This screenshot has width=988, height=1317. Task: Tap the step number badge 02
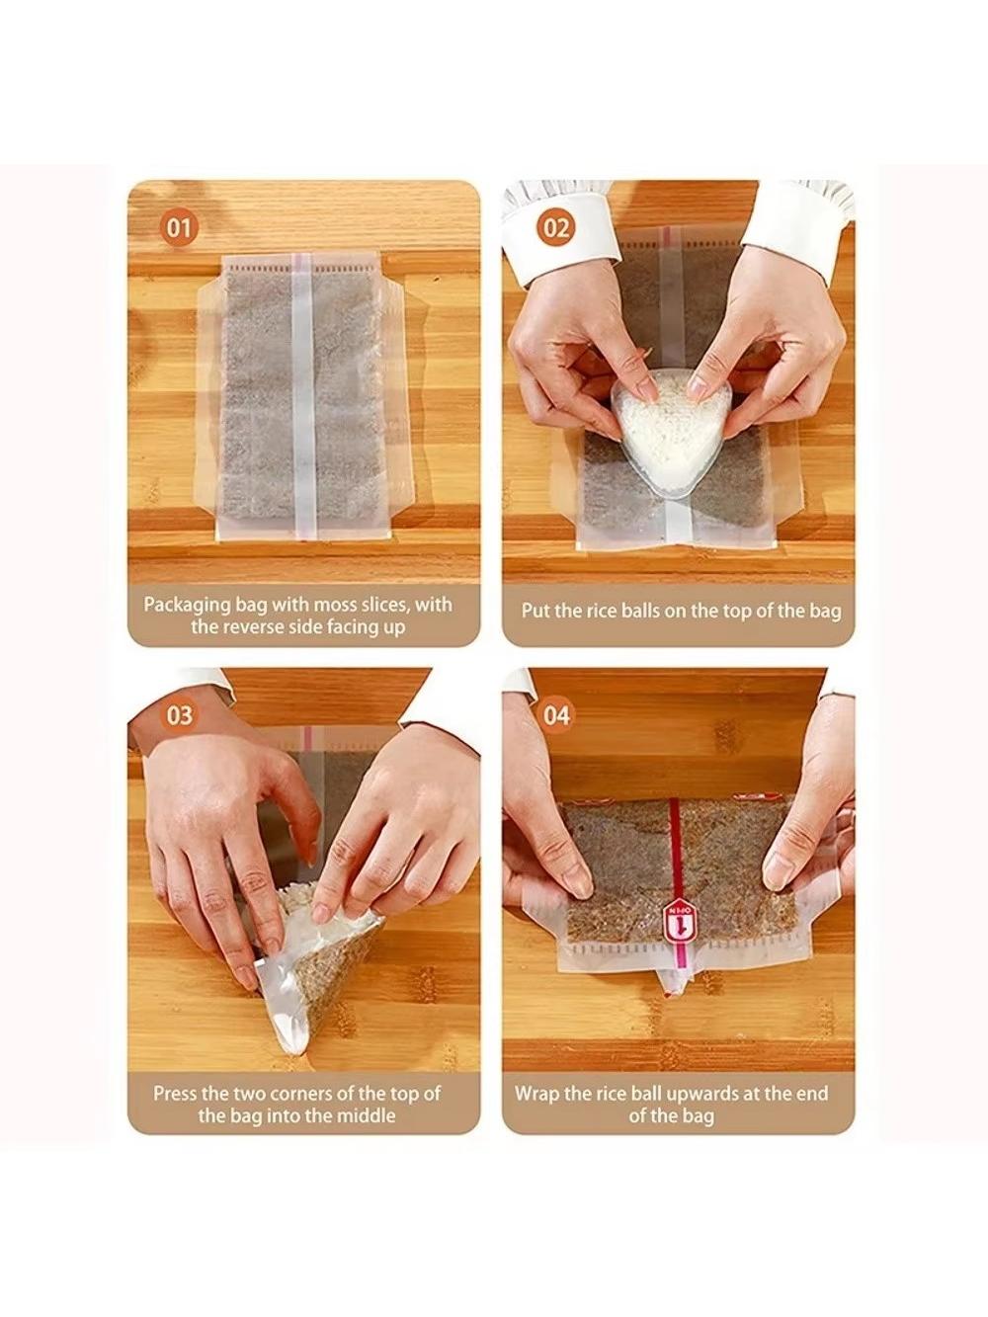click(556, 228)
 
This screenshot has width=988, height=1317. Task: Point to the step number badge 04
click(556, 715)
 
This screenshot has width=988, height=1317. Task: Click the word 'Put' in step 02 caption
click(533, 612)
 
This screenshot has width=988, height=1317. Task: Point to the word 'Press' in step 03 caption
click(175, 1093)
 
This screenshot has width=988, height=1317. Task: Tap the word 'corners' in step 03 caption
click(301, 1093)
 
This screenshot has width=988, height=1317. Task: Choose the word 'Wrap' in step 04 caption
click(535, 1093)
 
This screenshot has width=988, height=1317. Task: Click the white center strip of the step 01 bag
click(304, 396)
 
